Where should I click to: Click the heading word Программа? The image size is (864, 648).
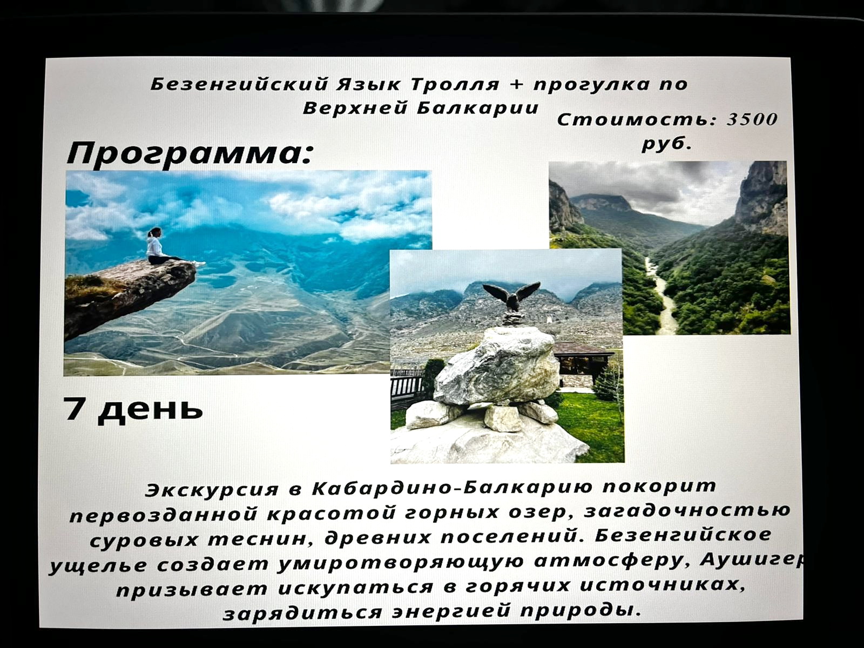click(190, 153)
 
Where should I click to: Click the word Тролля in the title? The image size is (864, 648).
click(455, 84)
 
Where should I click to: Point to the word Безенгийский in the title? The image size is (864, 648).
click(239, 84)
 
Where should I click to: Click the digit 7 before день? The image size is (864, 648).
click(75, 409)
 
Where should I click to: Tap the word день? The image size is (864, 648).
click(151, 410)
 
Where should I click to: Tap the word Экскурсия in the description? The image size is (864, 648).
click(211, 490)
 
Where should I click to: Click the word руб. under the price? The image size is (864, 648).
click(667, 144)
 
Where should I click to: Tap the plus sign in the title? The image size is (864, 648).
click(516, 84)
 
